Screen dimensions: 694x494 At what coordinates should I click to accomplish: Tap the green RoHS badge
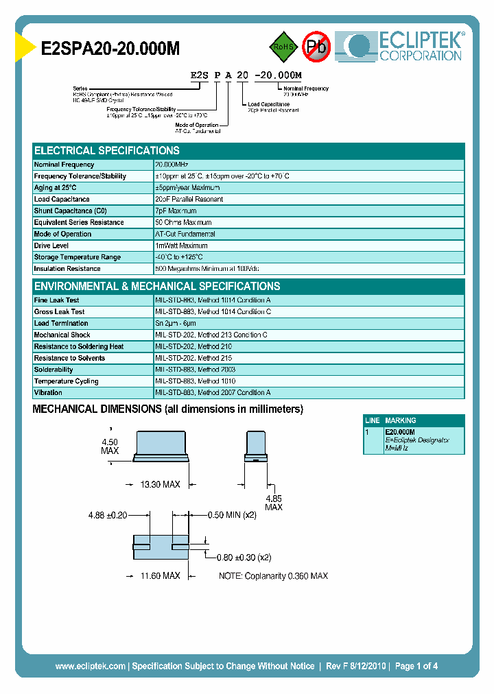click(281, 47)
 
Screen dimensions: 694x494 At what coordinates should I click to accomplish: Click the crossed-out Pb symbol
click(316, 47)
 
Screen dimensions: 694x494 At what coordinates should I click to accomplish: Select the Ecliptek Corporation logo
click(405, 47)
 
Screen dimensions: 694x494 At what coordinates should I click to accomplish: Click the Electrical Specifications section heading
click(107, 151)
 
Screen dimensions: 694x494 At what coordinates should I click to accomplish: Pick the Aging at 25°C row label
click(56, 188)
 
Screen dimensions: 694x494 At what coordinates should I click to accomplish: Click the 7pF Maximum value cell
click(176, 211)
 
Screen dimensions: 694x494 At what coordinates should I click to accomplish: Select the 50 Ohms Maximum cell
click(184, 223)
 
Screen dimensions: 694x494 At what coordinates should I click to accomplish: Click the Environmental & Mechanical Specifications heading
click(157, 287)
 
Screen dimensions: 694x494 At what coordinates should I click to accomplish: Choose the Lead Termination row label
click(61, 323)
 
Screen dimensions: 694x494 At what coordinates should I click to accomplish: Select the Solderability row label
click(54, 370)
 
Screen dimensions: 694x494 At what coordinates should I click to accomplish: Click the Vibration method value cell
click(213, 393)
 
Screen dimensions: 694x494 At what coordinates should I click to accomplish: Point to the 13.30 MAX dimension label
click(160, 485)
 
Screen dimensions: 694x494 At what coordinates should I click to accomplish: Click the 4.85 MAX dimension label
click(273, 503)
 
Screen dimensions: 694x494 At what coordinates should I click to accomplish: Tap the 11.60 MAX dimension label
click(160, 576)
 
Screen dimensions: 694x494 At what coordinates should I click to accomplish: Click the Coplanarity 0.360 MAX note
click(273, 576)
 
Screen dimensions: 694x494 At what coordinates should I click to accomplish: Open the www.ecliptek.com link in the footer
click(90, 666)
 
